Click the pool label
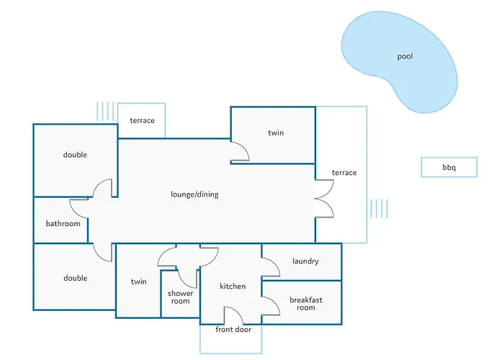405,56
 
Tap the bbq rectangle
449,168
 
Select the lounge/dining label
194,194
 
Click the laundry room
305,261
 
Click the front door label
233,330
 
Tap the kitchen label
233,287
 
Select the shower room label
180,297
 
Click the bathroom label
63,223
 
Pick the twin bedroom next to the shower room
138,282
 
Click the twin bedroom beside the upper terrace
276,133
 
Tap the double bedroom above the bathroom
75,155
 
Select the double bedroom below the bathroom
75,278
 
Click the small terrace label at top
142,120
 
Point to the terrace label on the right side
343,173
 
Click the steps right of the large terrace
379,209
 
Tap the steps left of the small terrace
105,111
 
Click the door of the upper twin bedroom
239,152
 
